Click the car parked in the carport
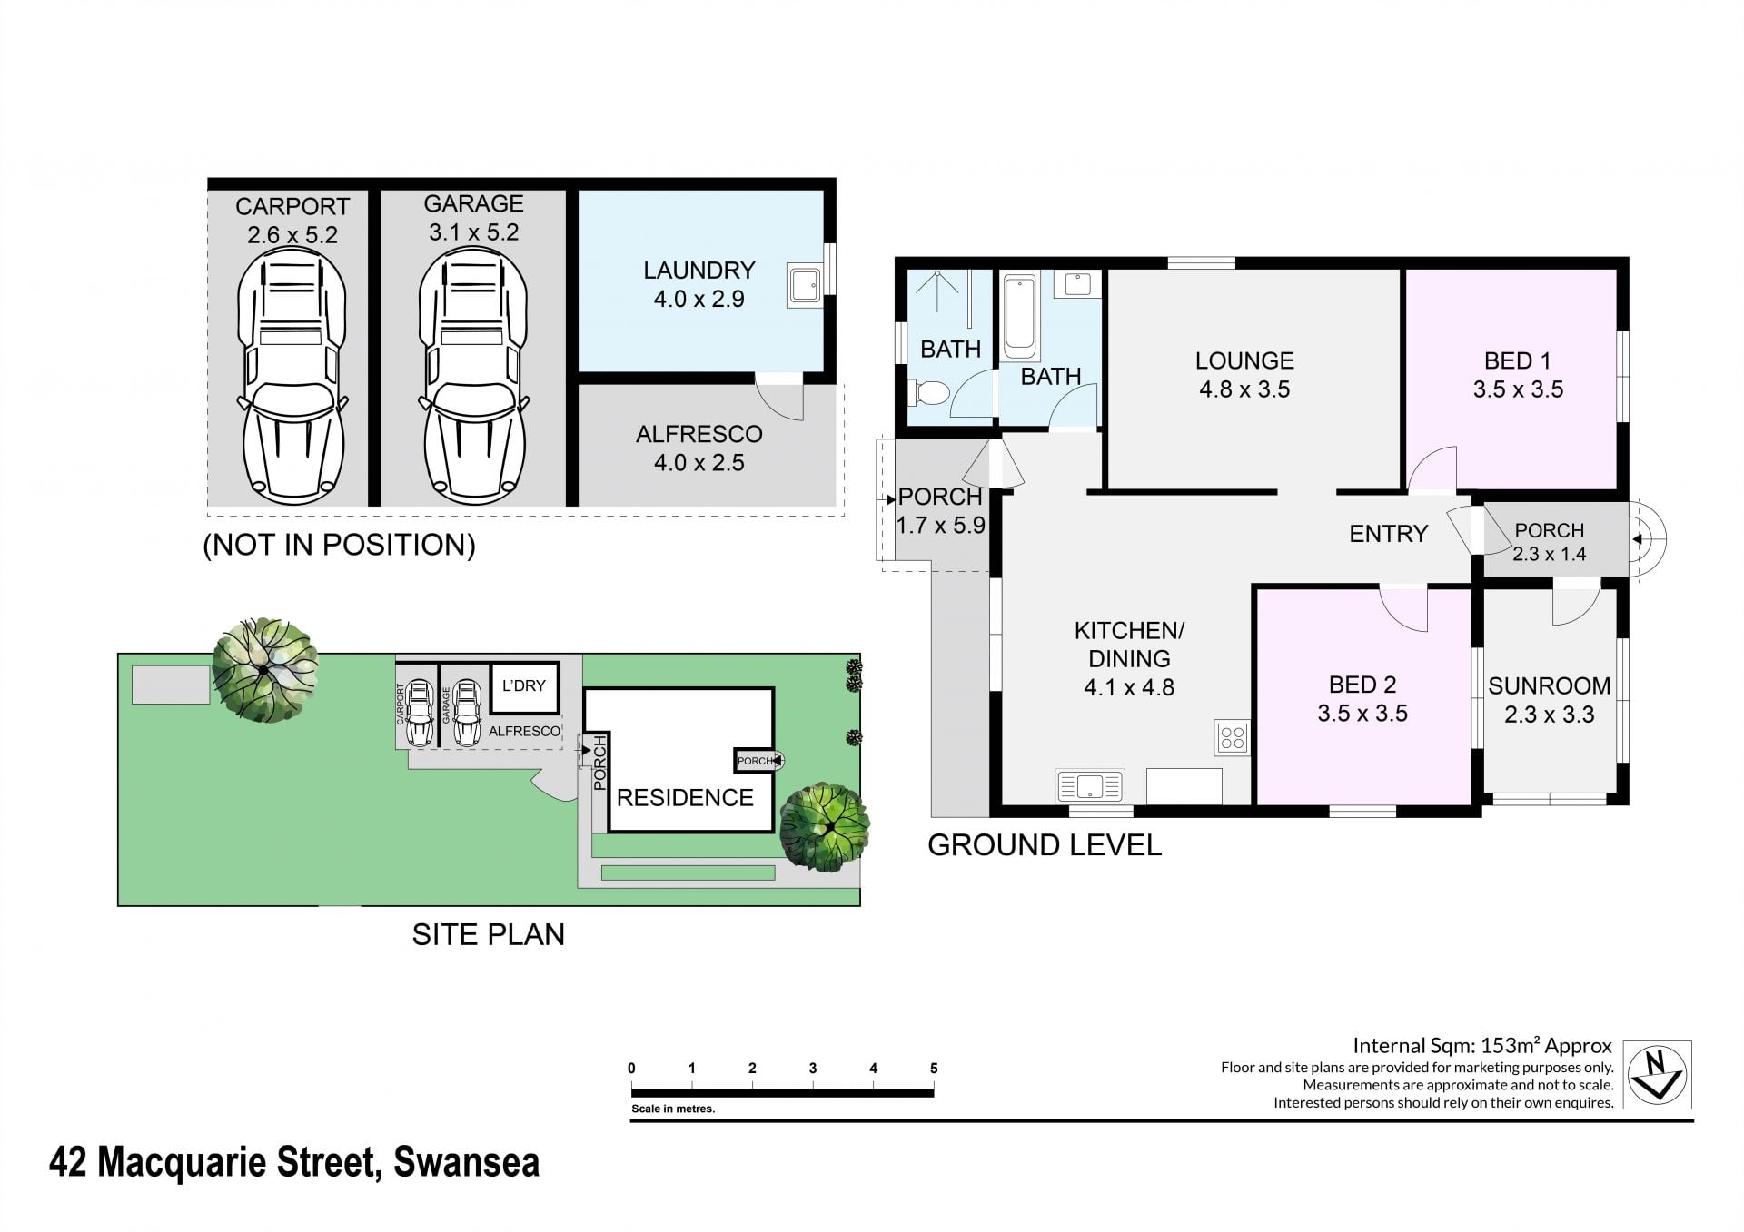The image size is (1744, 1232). (x=292, y=378)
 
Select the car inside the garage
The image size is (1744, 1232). (x=473, y=378)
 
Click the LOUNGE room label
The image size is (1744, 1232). (x=1244, y=360)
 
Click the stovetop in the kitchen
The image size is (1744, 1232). (x=1233, y=737)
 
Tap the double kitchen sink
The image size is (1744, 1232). (x=1089, y=785)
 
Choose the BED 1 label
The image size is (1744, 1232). (x=1518, y=360)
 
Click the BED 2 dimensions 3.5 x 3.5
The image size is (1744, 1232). (x=1362, y=714)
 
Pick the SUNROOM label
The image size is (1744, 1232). (x=1550, y=685)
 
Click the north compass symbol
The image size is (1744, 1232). (x=1658, y=1074)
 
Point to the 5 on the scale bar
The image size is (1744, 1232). (x=934, y=1069)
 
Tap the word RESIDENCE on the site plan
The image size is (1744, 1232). (x=685, y=798)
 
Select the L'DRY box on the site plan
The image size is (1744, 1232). (x=524, y=687)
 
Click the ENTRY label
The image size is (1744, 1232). (x=1389, y=534)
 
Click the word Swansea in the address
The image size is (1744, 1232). (x=467, y=1162)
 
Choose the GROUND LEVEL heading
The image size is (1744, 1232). (x=1045, y=845)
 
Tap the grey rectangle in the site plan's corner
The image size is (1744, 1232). (x=171, y=685)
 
